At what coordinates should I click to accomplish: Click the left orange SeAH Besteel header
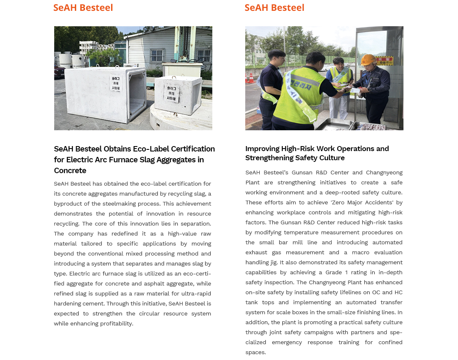tap(83, 7)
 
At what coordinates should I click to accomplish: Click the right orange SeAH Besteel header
tap(274, 7)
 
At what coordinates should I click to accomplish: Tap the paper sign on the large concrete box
tap(115, 83)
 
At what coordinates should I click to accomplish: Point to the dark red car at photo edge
tap(59, 71)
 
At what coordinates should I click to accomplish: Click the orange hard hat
tap(368, 60)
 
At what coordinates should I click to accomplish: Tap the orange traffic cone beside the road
tap(250, 78)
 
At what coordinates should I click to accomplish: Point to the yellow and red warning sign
tap(383, 61)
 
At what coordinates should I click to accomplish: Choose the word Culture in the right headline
tap(331, 158)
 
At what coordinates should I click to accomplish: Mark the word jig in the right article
tap(275, 262)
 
